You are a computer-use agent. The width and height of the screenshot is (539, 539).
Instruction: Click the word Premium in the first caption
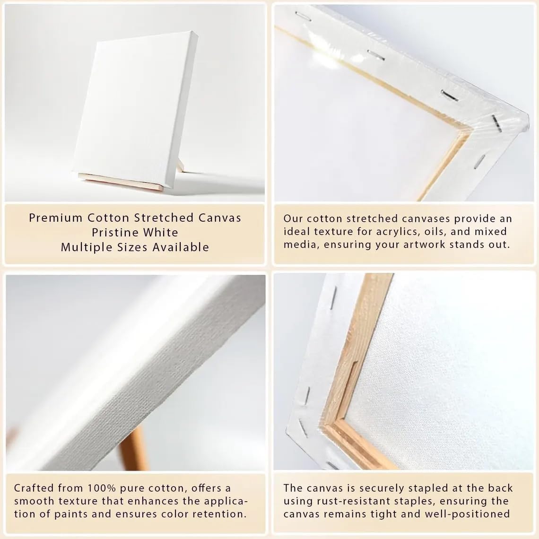click(56, 217)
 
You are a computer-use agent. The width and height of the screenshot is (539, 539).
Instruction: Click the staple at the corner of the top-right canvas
click(496, 123)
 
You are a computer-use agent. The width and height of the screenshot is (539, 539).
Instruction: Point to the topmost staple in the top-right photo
click(303, 16)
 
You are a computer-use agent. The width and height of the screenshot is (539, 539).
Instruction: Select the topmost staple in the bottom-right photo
click(333, 298)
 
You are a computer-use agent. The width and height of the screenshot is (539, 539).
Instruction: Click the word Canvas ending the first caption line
click(220, 217)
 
